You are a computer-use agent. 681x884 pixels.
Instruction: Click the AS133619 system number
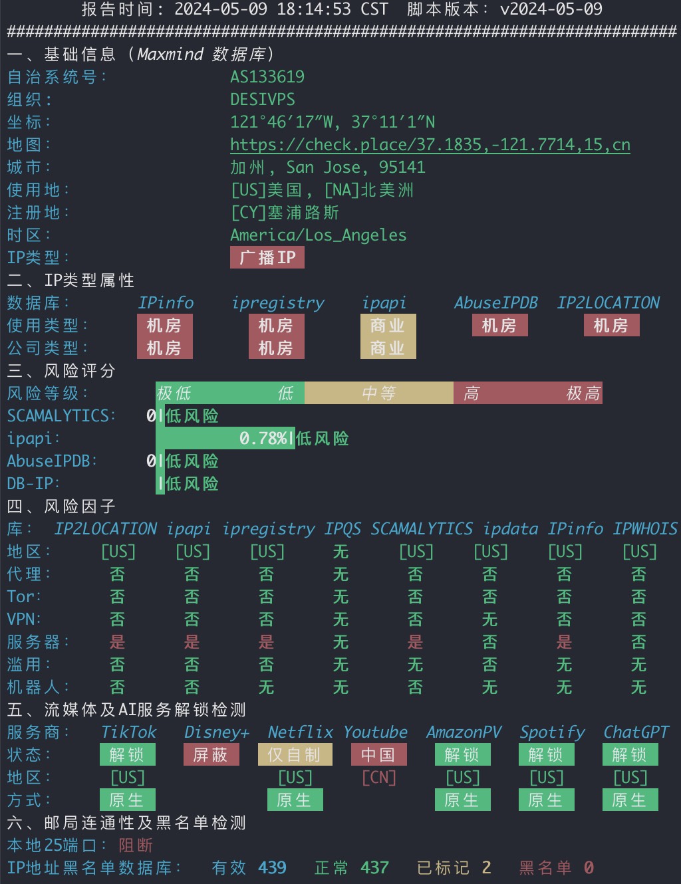coord(267,77)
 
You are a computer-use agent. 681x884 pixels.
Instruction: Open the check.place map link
coord(430,145)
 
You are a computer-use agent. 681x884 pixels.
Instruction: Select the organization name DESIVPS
coord(262,100)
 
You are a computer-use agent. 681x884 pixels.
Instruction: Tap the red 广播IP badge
coord(267,257)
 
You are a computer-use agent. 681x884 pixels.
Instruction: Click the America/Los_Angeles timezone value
coord(318,235)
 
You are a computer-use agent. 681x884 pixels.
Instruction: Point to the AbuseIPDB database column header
coord(495,303)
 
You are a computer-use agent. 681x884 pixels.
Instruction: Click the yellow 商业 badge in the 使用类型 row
coord(388,326)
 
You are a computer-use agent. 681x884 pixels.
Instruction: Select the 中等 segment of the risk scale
coord(378,393)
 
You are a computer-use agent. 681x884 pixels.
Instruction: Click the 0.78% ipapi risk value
coord(263,439)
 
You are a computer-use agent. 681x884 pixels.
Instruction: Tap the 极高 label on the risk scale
coord(583,393)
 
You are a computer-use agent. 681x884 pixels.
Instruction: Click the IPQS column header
coord(342,529)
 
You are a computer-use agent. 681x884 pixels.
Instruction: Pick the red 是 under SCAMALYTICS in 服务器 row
coord(416,642)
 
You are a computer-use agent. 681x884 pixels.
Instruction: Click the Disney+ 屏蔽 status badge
coord(211,755)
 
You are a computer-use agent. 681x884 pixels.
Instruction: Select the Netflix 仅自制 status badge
coord(295,755)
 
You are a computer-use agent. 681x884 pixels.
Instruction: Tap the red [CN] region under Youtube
coord(378,778)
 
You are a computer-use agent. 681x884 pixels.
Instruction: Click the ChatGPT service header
coord(636,732)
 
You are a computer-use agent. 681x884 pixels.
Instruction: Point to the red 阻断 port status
coord(136,845)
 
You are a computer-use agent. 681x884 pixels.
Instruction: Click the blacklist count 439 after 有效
coord(272,868)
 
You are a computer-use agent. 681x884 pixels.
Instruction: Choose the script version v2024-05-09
coord(551,9)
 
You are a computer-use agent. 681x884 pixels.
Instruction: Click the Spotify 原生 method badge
coord(546,800)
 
